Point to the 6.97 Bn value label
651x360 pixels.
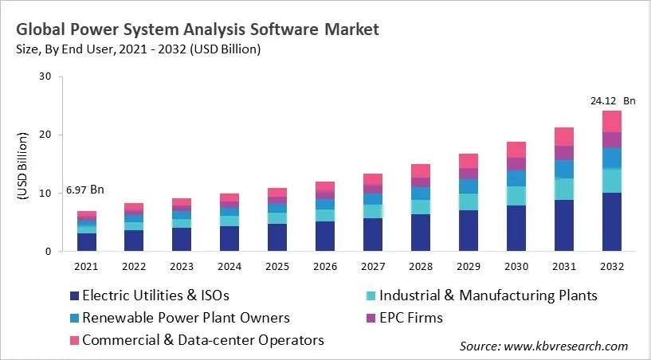pos(86,190)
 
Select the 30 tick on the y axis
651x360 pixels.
pos(45,77)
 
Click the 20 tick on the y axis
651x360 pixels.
pos(45,135)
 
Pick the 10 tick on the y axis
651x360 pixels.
pos(45,194)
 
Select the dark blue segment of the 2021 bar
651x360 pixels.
pos(87,242)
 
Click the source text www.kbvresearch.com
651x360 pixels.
pos(543,346)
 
